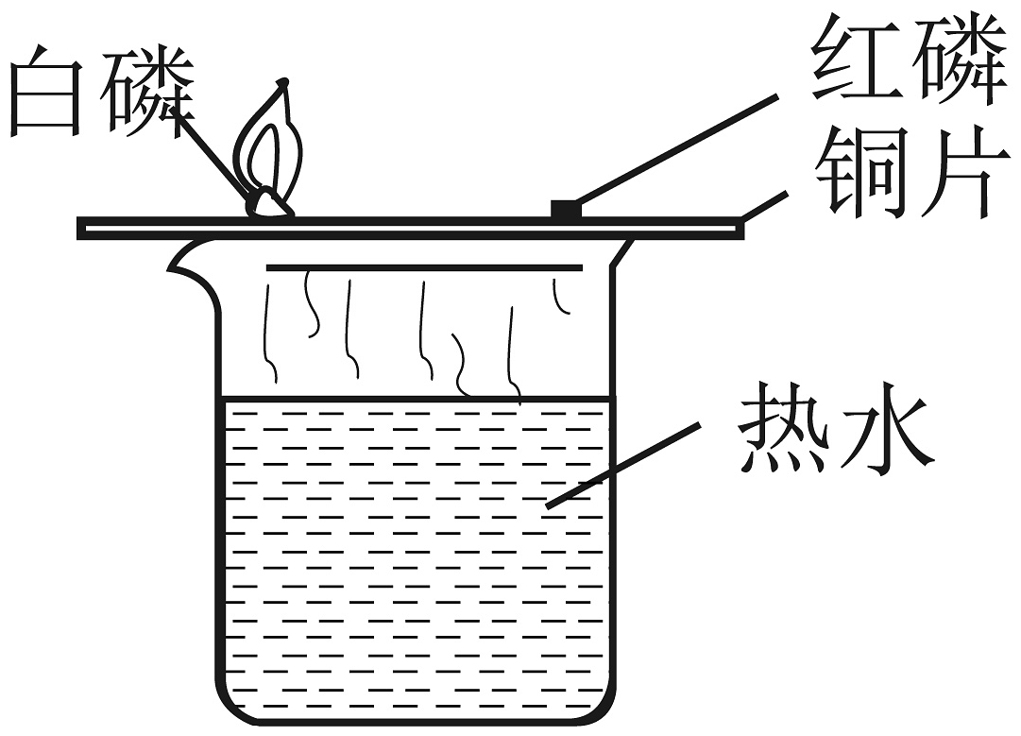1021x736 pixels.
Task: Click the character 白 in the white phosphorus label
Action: [46, 91]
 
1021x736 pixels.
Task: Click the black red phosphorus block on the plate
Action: [564, 208]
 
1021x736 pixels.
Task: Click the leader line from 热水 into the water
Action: [623, 465]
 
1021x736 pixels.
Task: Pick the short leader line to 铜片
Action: [764, 205]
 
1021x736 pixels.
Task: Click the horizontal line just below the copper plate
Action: [424, 267]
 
